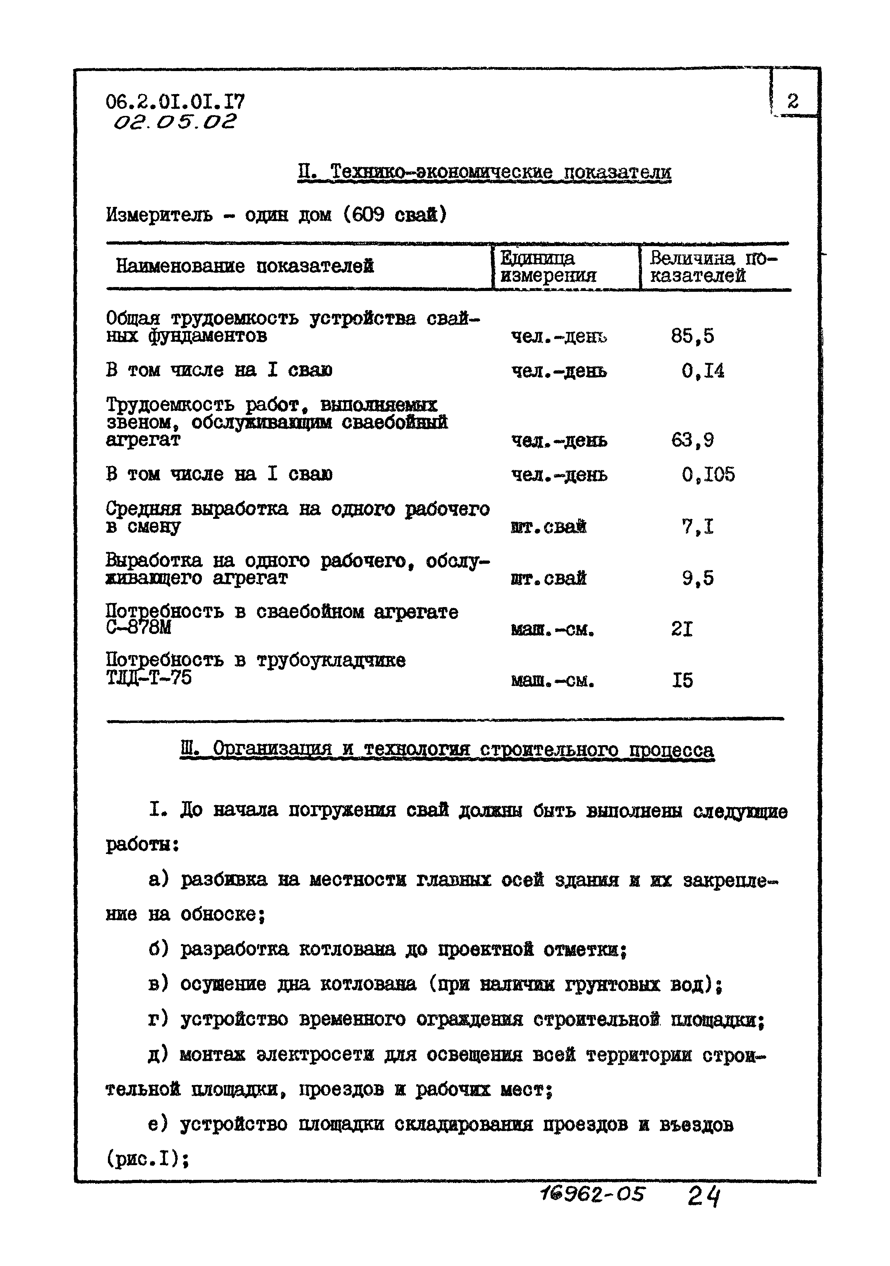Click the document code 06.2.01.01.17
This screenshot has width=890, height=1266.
point(175,102)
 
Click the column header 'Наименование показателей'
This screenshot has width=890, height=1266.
point(245,266)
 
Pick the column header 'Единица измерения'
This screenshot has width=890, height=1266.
point(548,266)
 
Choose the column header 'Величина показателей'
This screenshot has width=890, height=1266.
point(713,266)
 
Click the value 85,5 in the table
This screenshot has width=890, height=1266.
point(692,336)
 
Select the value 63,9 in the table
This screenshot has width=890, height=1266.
point(692,440)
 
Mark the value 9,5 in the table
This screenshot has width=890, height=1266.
point(697,578)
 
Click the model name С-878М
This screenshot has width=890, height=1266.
point(138,628)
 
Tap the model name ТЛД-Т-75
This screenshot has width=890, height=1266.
point(148,678)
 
